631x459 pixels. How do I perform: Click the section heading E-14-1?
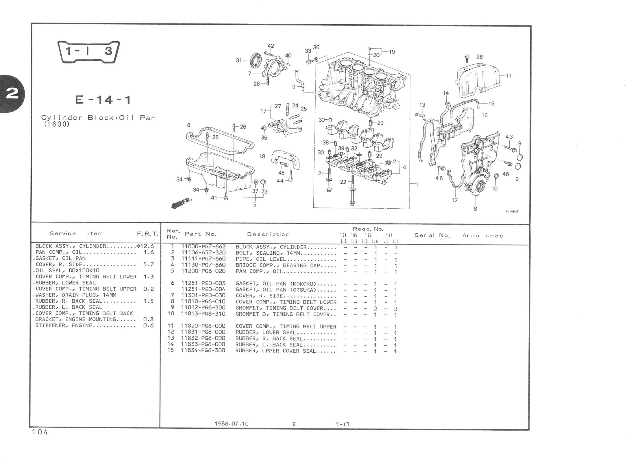(103, 100)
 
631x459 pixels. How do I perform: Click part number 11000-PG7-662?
(203, 247)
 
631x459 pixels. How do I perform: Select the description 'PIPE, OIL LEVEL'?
(261, 259)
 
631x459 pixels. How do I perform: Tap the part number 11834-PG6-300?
(203, 350)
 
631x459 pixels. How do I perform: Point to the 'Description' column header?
(268, 234)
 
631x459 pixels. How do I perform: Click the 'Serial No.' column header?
(432, 236)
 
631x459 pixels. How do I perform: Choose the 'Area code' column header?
(482, 236)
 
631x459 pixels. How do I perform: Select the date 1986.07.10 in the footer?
(231, 424)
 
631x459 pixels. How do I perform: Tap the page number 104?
(40, 432)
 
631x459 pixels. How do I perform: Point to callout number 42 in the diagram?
(271, 46)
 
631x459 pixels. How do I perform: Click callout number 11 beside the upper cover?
(509, 75)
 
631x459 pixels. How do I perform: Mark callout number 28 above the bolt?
(479, 57)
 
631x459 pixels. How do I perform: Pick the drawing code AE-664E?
(511, 212)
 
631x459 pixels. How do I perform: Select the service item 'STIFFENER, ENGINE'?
(64, 326)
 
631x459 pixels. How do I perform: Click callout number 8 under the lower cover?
(475, 209)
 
